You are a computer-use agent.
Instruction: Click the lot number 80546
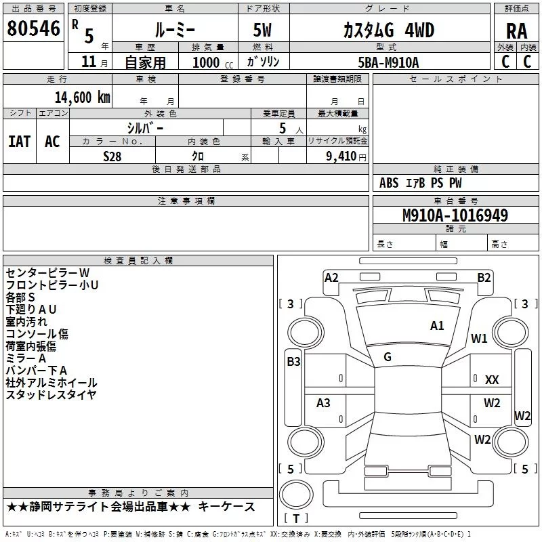33,28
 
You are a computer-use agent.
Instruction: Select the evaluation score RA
517,31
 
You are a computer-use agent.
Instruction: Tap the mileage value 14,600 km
83,98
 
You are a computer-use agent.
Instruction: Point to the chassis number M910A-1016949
455,215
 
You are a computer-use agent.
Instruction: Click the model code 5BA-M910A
388,62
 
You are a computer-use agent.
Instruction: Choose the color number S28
112,157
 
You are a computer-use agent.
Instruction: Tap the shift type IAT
20,142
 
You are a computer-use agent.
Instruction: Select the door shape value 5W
262,30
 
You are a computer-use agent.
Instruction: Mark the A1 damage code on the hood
437,326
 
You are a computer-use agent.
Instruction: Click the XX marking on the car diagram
492,380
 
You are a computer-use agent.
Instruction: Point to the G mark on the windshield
388,357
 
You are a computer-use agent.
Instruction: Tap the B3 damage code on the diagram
293,362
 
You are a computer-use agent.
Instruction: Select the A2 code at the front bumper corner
331,278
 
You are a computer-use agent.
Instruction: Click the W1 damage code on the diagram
479,338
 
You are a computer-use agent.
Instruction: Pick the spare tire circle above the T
296,495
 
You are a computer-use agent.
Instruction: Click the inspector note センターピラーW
47,273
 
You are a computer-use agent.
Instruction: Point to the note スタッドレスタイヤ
51,394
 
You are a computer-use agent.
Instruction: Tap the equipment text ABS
389,183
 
